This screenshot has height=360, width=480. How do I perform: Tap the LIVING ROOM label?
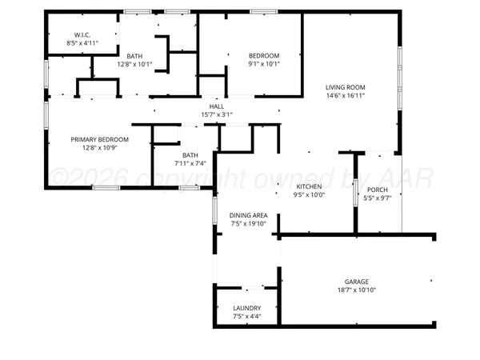tap(345, 87)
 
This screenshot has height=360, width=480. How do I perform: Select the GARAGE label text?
tap(356, 282)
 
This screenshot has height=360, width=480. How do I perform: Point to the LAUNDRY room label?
tap(246, 308)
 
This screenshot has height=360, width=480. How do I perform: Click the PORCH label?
tap(377, 190)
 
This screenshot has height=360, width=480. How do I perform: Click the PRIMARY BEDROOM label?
tap(99, 139)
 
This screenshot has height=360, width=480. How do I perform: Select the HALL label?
tap(217, 106)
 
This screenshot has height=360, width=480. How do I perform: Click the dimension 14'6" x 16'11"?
tap(345, 96)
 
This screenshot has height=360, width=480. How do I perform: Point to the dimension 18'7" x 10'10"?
tap(356, 290)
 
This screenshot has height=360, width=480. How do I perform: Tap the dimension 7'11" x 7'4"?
tap(190, 164)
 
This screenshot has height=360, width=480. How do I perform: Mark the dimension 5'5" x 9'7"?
tap(377, 198)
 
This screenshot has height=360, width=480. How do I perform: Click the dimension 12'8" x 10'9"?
tap(99, 148)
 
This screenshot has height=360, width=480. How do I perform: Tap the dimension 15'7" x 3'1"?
tap(217, 114)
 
